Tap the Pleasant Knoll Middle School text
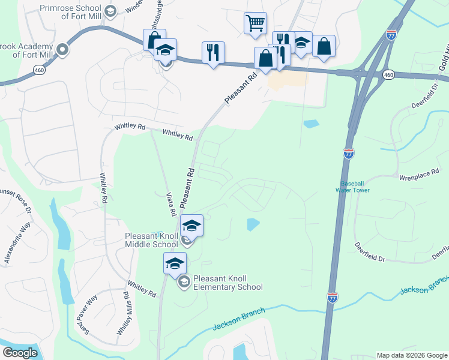pos(152,240)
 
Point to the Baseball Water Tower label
pos(355,186)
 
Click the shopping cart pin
pos(255,23)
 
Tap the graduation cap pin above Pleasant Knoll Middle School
pos(191,226)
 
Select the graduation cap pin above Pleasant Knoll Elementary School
pos(175,263)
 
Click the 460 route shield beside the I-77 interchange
pos(388,75)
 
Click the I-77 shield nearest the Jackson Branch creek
pos(333,297)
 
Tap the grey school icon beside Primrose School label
pos(110,11)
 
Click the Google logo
pos(20,353)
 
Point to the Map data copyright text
pos(412,355)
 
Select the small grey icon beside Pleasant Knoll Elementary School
pos(184,281)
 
